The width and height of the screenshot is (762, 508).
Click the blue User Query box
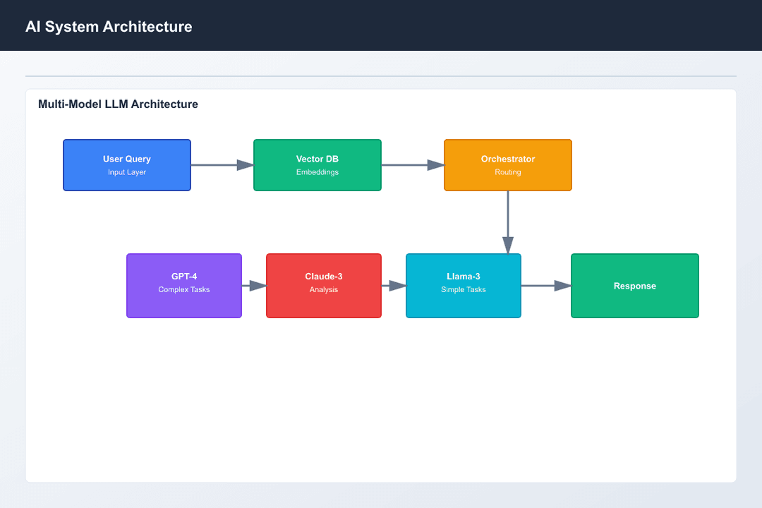[x=127, y=164]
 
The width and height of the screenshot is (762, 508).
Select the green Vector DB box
[x=317, y=164]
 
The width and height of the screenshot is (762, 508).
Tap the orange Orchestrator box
[x=508, y=164]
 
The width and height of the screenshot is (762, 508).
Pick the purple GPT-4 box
[x=184, y=286]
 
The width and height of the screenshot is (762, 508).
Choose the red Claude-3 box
[x=324, y=286]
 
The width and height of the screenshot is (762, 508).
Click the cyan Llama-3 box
[x=464, y=286]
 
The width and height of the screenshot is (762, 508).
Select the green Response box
[x=635, y=286]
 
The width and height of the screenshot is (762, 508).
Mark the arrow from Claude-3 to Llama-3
[x=394, y=286]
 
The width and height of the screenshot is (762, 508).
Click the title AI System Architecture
[x=109, y=27]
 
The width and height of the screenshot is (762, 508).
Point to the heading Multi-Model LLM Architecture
[x=118, y=104]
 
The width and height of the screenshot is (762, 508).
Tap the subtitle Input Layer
[x=127, y=172]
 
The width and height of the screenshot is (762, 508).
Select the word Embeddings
[x=317, y=172]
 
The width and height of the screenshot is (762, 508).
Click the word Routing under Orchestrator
[x=508, y=172]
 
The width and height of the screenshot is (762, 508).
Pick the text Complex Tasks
[x=184, y=289]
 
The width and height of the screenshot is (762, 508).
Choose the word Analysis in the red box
[x=324, y=289]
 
